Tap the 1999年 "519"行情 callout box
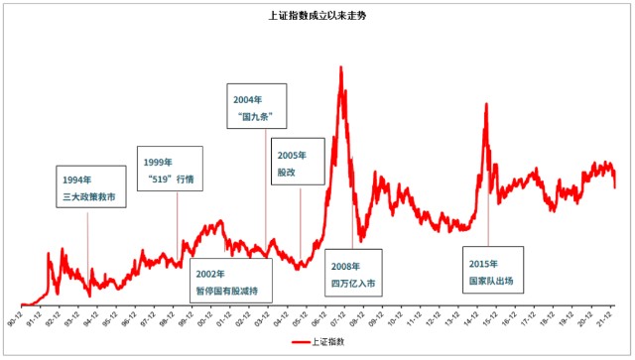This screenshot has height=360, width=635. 170,170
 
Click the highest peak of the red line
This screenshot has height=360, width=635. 341,67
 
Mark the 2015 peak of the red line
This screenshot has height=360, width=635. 485,119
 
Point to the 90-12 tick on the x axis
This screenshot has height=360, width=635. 14,320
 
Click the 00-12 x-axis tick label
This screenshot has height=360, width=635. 204,320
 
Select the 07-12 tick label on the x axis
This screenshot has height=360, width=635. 337,320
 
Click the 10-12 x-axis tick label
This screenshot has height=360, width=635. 395,320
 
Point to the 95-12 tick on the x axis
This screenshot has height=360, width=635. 109,320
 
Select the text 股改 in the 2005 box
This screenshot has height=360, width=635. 288,173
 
